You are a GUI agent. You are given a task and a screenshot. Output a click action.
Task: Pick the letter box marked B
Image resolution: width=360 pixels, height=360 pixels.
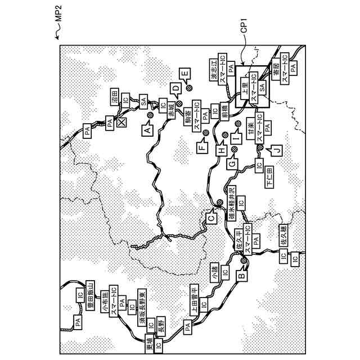tap(240, 276)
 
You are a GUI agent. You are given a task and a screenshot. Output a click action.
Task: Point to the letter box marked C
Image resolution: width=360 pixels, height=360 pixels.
tap(210, 214)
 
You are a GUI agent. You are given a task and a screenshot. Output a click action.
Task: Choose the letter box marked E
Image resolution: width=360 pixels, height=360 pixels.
tap(185, 73)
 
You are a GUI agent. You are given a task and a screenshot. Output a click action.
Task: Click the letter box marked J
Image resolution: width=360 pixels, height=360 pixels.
tap(276, 150)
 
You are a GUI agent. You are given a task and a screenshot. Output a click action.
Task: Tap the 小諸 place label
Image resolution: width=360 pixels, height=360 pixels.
tap(214, 272)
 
